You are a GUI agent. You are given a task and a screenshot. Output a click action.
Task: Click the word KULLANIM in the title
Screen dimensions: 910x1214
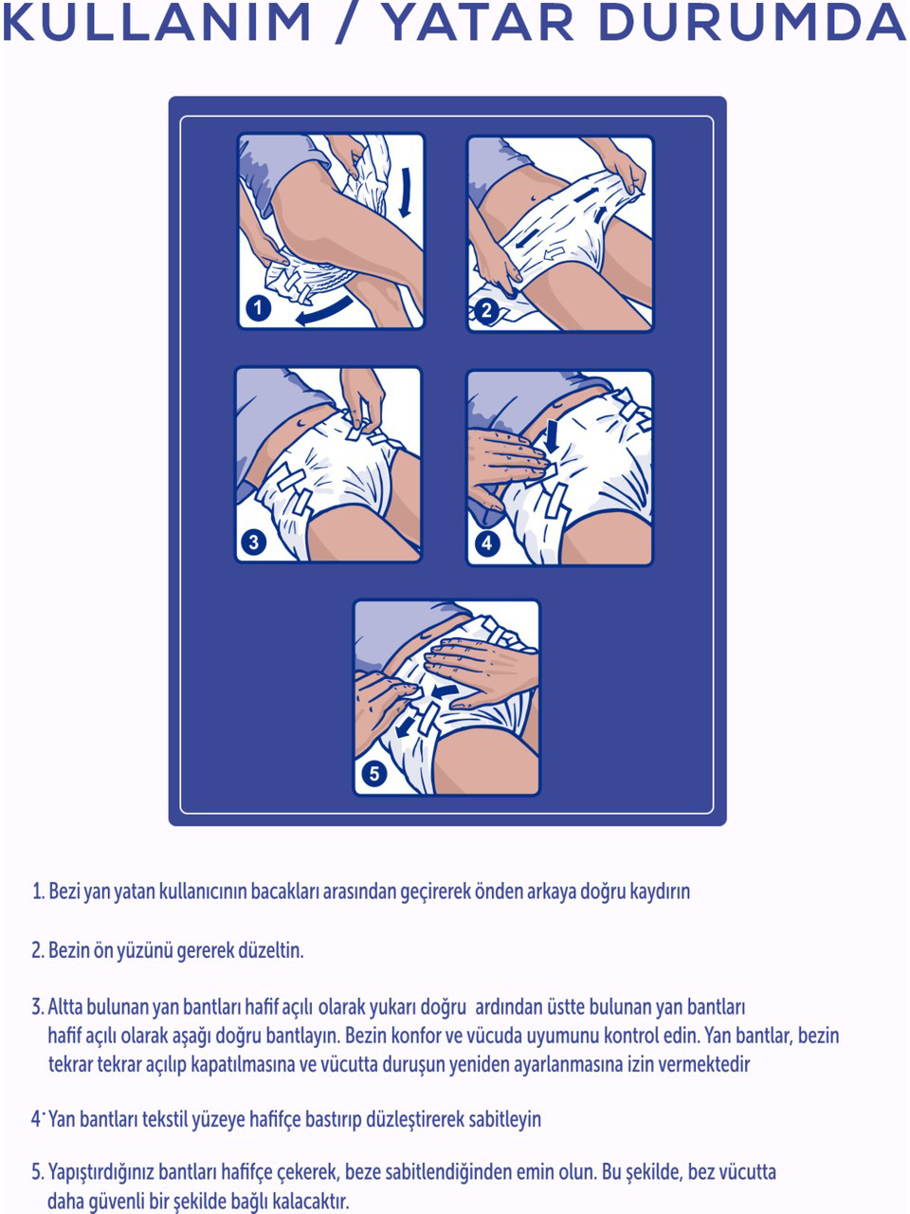tap(157, 22)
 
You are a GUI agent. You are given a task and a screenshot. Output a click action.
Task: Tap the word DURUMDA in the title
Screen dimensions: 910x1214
tap(755, 22)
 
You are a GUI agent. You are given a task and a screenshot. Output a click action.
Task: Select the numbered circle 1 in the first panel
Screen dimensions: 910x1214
tap(258, 307)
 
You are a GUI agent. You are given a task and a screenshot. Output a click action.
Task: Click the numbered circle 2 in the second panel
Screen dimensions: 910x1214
tap(486, 310)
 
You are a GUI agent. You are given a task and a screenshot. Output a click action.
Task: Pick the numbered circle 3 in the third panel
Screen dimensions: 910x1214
tap(254, 542)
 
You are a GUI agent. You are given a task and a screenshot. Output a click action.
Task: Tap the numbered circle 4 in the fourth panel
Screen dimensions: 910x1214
tap(487, 543)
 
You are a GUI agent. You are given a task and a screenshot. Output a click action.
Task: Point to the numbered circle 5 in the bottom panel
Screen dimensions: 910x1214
tap(374, 773)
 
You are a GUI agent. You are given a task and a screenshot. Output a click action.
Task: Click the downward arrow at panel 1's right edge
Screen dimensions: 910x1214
tap(406, 193)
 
